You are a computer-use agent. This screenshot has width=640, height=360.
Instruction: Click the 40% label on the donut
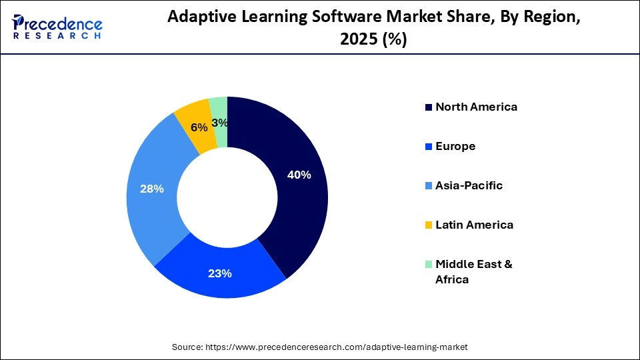pos(299,175)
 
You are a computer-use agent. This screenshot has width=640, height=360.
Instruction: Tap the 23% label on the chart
pos(219,273)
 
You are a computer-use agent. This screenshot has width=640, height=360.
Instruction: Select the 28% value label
pos(152,189)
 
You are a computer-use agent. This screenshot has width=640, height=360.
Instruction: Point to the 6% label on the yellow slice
pos(199,127)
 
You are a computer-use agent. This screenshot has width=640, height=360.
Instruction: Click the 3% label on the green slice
pos(220,123)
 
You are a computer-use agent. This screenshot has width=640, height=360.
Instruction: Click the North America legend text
pos(476,107)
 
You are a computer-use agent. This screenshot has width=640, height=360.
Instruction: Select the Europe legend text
pos(455,146)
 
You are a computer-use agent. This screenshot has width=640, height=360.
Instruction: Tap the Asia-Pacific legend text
pos(469,185)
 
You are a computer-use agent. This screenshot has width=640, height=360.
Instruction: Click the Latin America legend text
pos(474,225)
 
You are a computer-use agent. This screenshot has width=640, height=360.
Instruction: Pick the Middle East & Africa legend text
pos(473,271)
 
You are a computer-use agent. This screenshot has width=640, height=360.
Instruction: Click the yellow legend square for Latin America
pos(428,225)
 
